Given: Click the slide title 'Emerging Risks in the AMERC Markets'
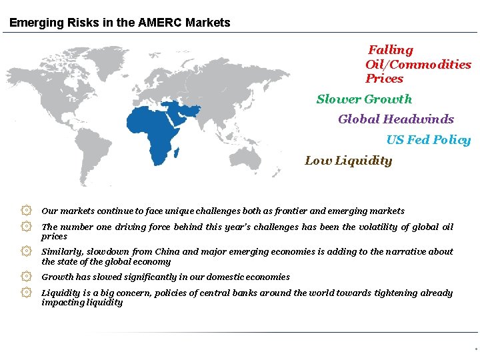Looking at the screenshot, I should coord(120,23).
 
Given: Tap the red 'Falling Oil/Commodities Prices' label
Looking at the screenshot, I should coord(417,64).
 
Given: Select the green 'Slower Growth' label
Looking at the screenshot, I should coord(364,99).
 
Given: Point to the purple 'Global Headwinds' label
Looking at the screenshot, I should coord(395,119).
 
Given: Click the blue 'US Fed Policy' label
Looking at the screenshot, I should coord(428,140).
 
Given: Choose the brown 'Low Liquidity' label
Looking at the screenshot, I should coord(348,161).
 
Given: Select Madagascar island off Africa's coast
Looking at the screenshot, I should coord(177,153).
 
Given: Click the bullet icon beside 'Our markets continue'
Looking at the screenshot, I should coord(26,211).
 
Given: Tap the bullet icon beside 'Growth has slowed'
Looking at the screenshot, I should coord(26,277).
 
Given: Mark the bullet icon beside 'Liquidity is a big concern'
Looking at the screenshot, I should coord(26,293).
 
